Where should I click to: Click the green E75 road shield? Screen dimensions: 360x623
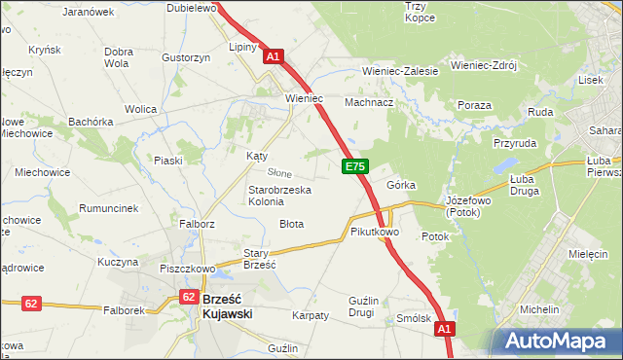[x=354, y=168]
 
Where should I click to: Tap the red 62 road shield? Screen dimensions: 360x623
[x=31, y=304]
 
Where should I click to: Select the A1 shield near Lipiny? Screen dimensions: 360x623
[x=273, y=57]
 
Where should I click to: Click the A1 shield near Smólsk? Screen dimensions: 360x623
[x=444, y=331]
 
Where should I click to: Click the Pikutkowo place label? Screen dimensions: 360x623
[x=375, y=233]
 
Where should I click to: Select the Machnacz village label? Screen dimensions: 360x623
[x=369, y=102]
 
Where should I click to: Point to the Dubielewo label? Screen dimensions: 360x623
[x=190, y=8]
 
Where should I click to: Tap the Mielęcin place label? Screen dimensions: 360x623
[x=586, y=253]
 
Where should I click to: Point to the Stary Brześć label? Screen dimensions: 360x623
[x=260, y=258]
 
